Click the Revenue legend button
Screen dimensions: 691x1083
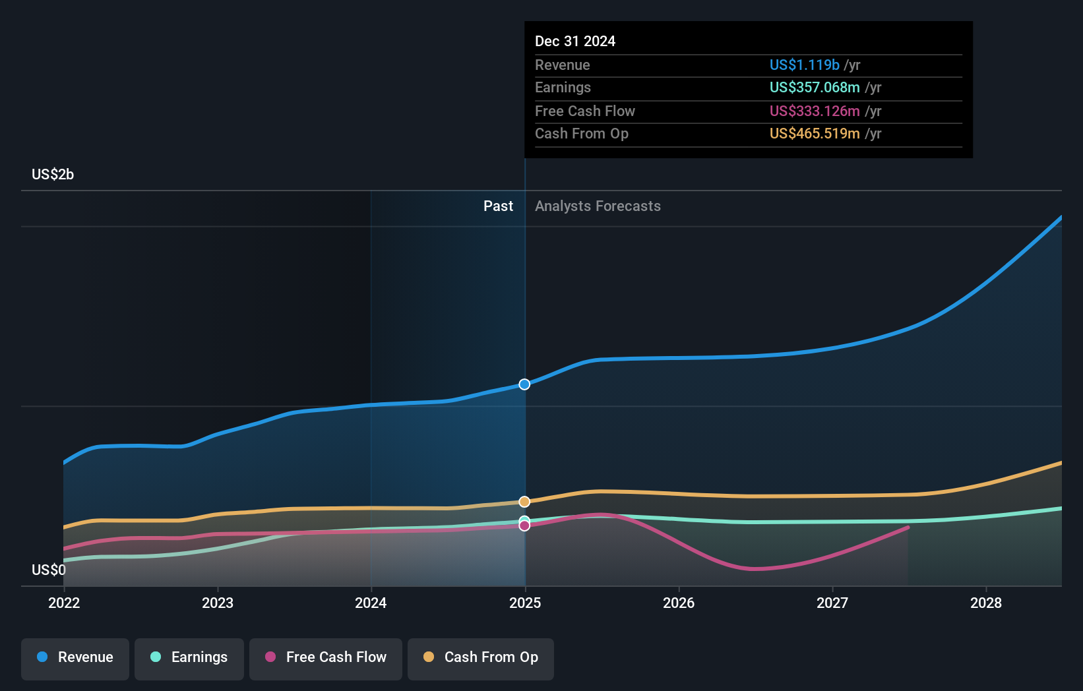pos(75,657)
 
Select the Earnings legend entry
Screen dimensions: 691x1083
pos(189,657)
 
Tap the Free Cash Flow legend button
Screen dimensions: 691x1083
pos(326,657)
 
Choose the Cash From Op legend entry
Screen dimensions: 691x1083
pos(481,657)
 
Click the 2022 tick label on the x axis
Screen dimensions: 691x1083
pos(64,603)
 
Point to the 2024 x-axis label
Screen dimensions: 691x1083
pos(371,603)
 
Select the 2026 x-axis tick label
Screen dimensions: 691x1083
pos(679,603)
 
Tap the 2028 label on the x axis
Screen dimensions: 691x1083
pos(985,603)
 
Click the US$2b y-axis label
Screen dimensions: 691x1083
pos(53,175)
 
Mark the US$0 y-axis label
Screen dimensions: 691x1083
pos(49,570)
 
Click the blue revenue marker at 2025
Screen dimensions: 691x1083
pos(524,384)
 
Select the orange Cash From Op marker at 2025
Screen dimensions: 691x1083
pos(524,502)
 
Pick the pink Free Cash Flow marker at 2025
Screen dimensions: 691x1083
pos(524,526)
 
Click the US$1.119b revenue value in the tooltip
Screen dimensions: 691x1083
pos(804,65)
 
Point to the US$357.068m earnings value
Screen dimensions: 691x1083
pos(815,88)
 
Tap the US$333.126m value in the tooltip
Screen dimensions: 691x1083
pos(815,111)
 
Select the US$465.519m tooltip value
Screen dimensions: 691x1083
pos(815,134)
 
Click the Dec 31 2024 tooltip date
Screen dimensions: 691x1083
pos(575,42)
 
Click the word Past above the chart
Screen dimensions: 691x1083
pos(498,206)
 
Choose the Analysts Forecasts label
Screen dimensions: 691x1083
pos(598,206)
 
